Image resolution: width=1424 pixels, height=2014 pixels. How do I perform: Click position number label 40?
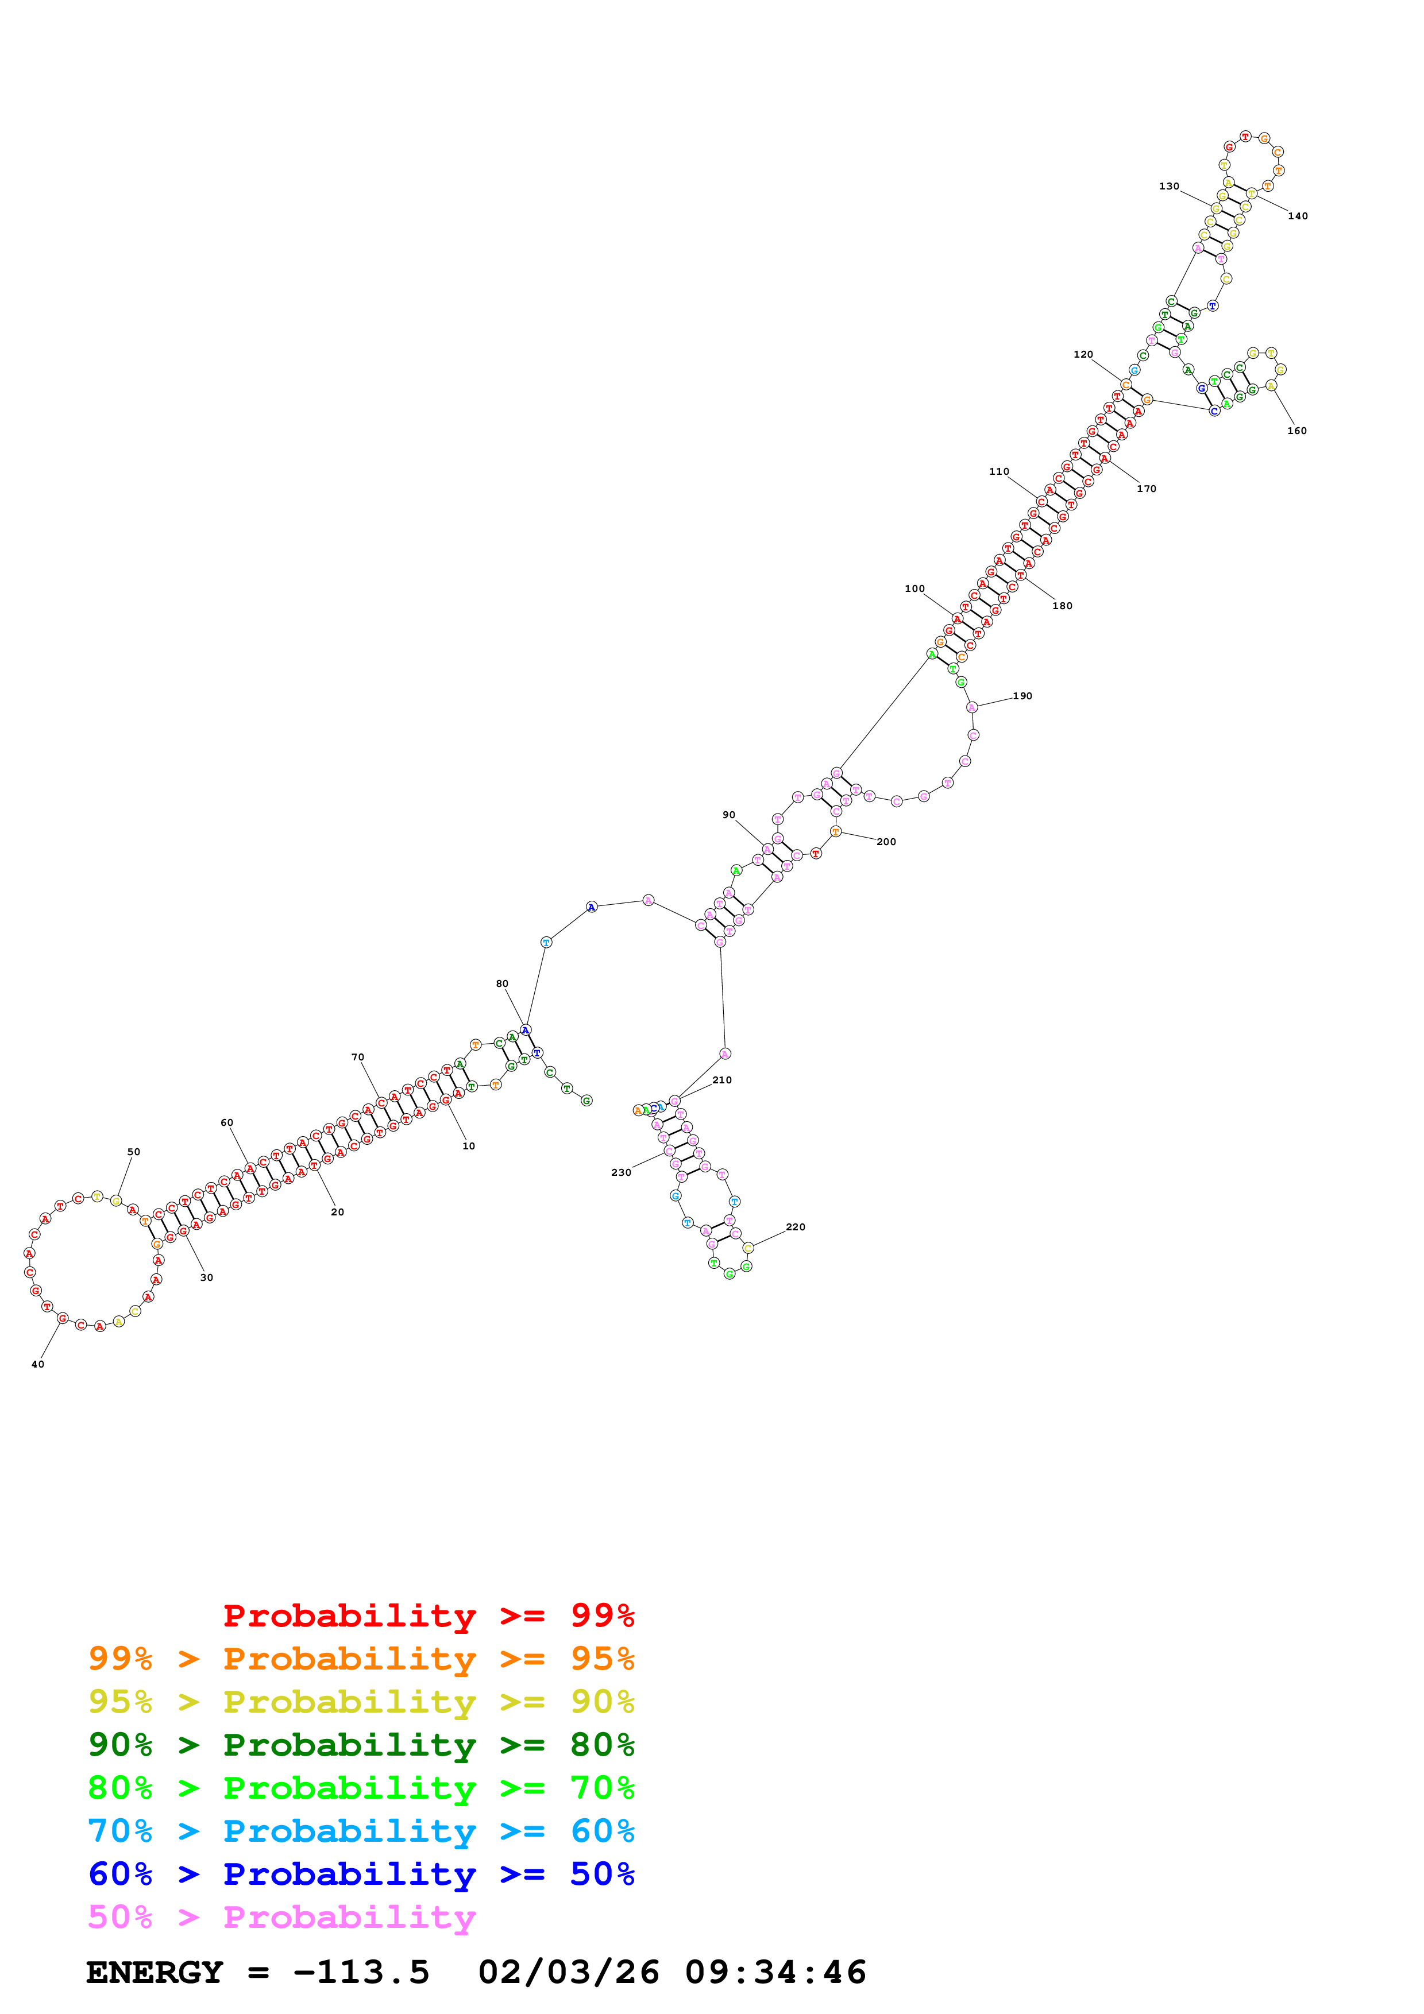click(38, 1364)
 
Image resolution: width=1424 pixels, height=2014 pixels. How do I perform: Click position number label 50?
click(133, 1152)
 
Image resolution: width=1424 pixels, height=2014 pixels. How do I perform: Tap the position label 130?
click(1169, 186)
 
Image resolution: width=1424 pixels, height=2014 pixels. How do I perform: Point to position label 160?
click(1297, 431)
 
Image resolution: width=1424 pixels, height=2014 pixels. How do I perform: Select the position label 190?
click(1022, 696)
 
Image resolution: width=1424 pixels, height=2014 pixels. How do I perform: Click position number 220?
click(795, 1227)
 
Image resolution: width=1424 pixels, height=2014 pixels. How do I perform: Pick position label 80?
click(502, 983)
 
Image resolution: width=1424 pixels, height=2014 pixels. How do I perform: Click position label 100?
click(914, 588)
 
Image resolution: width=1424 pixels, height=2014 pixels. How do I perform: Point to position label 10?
click(469, 1145)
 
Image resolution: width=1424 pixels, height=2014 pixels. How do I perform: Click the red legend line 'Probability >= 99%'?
click(428, 1616)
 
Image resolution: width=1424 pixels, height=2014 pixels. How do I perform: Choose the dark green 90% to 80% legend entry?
click(361, 1745)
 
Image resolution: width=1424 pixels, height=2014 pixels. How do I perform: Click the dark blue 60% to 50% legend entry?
click(361, 1874)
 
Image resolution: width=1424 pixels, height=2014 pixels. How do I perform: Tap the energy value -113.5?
click(361, 1972)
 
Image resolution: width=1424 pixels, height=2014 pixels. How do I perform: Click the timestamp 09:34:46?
click(775, 1972)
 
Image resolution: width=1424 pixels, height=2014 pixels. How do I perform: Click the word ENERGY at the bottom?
click(155, 1972)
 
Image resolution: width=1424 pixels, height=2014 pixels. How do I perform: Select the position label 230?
click(621, 1172)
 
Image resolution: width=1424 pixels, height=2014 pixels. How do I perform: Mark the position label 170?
click(1146, 489)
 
